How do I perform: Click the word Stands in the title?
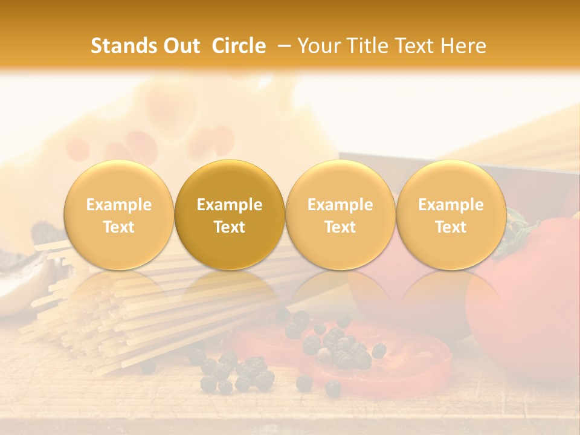point(123,46)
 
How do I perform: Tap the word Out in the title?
point(179,46)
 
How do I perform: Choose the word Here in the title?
point(461,46)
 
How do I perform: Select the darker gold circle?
point(230,214)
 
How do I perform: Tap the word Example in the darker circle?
point(230,205)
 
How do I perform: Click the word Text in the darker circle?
point(230,227)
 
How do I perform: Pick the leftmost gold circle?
point(119,214)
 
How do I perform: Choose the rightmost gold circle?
point(451,214)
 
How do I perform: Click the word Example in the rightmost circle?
point(451,205)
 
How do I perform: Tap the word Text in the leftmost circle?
point(119,227)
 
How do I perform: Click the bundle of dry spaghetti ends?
point(91,314)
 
